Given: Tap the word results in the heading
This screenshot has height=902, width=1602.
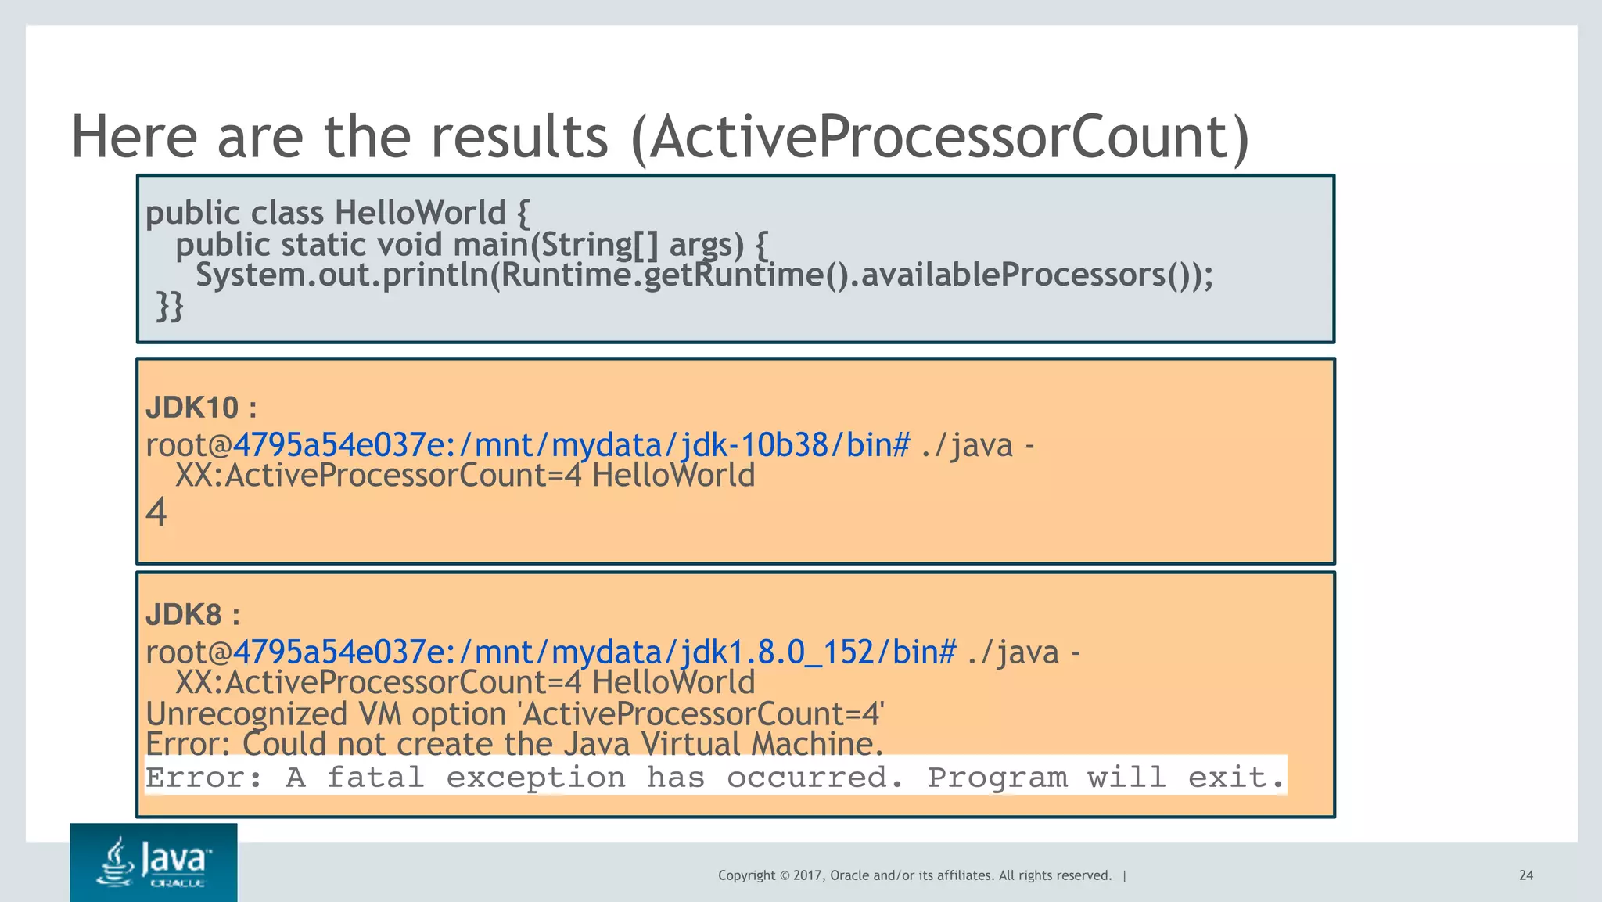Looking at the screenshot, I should (519, 137).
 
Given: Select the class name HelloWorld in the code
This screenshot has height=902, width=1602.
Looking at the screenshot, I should (420, 213).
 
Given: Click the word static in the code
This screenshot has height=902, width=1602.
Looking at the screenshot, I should (322, 245).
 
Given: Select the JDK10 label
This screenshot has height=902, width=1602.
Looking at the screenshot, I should (192, 408).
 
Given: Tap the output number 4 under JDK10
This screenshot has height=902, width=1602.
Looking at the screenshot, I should (156, 513).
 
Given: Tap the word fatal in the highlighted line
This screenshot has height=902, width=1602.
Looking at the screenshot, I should (375, 778).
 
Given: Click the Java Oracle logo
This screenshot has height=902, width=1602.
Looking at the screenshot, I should (153, 862).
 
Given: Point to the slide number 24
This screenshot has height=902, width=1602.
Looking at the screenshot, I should (1525, 875).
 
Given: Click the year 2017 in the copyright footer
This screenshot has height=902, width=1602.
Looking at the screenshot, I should (807, 875).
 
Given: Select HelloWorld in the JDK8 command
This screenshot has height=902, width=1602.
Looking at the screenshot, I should (673, 682).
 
